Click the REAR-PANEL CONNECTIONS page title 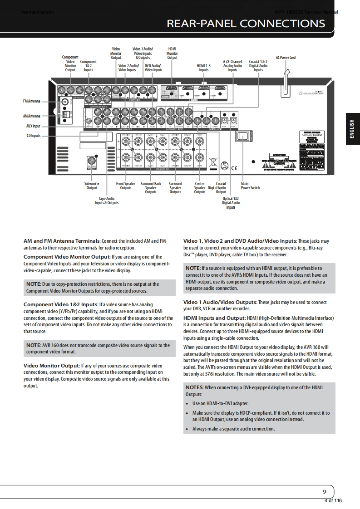click(x=246, y=24)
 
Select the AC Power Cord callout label click(x=286, y=58)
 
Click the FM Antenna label click(x=31, y=101)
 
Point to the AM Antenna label click(x=31, y=116)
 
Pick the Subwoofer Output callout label click(x=92, y=186)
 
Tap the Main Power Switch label click(x=250, y=186)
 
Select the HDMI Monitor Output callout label click(x=172, y=53)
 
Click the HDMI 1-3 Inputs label click(x=203, y=68)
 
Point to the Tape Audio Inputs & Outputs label click(x=107, y=201)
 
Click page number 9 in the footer click(x=324, y=492)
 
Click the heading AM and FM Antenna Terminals click(x=61, y=241)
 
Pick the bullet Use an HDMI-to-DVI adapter click(x=220, y=403)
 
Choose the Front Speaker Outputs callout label click(x=126, y=186)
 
